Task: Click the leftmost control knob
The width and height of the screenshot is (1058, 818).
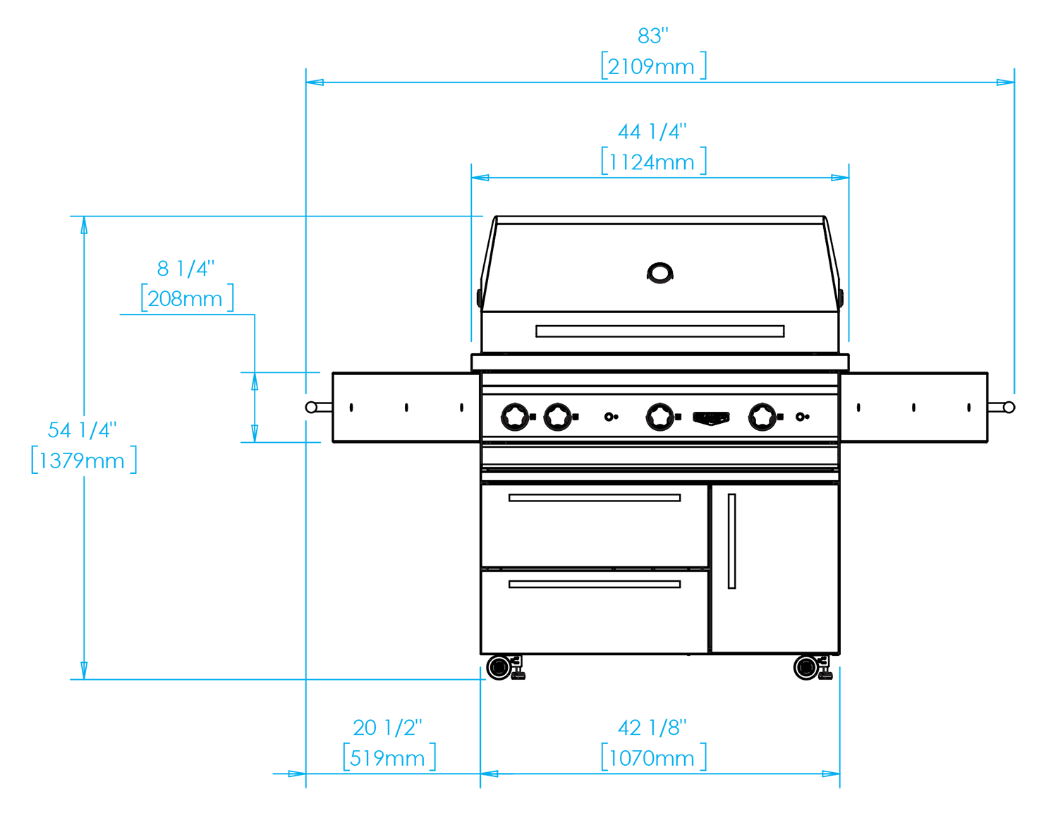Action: point(514,416)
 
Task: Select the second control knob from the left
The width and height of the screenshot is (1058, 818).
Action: point(557,416)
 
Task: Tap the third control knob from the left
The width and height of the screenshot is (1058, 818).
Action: point(660,416)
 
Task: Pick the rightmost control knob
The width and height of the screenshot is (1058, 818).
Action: point(761,416)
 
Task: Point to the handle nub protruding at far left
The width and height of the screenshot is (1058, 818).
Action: point(292,407)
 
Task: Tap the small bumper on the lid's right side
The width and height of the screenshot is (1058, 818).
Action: point(844,297)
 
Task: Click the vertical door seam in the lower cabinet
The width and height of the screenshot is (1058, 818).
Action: point(710,564)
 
